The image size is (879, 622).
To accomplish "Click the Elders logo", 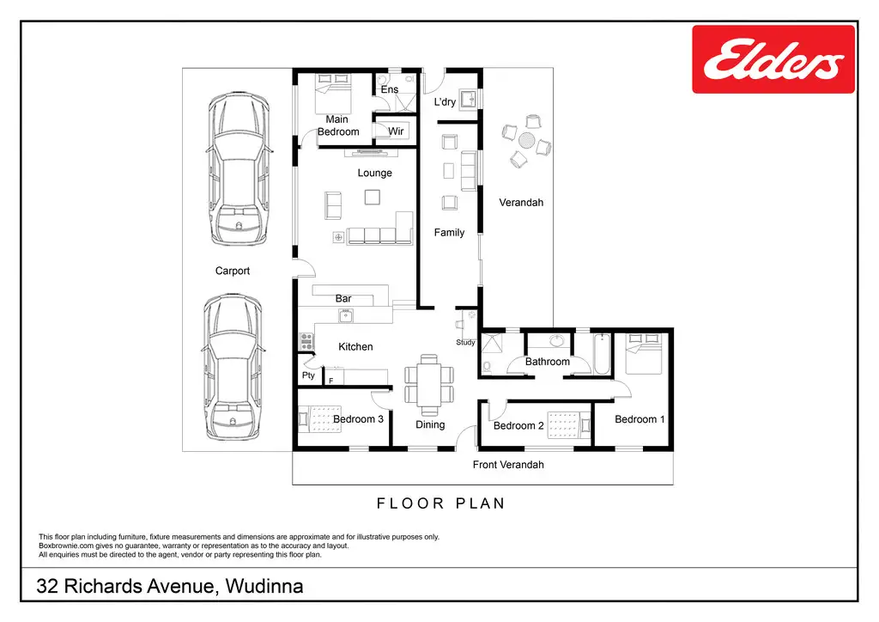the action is [773, 59].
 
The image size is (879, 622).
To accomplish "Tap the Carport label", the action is [232, 271].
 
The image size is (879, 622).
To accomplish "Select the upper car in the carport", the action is [239, 169].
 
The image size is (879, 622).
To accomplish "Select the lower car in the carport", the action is [233, 368].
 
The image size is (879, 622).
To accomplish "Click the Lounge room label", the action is [374, 173].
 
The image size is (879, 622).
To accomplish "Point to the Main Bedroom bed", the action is [333, 94].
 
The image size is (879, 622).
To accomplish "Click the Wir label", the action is [396, 131].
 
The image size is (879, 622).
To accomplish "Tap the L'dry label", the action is [445, 102].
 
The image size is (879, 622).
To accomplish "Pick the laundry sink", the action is [468, 100].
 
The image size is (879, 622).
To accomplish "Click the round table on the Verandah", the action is [526, 140].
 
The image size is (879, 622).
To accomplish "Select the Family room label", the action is [449, 232].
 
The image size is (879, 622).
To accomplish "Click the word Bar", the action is [343, 298].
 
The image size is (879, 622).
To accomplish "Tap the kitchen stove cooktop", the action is [306, 342].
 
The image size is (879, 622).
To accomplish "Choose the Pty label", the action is [308, 375].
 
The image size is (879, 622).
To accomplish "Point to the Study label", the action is [465, 342].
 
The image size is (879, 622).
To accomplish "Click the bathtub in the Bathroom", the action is [602, 353].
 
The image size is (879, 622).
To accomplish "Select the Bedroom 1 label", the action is [640, 419].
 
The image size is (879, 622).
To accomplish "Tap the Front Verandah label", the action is [508, 465].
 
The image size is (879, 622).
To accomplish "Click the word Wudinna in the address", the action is [264, 586].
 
